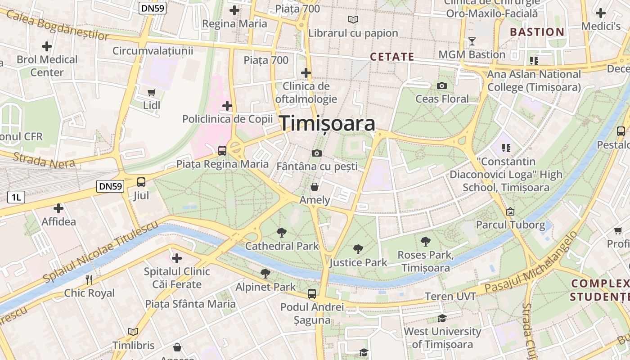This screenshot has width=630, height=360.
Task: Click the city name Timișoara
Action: pos(328,123)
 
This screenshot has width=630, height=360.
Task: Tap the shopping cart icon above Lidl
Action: pos(152,92)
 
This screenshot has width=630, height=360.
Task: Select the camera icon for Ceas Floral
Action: pos(442,85)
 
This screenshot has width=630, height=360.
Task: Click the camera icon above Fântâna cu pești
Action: pos(316,153)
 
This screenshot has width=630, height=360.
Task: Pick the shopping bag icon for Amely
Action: pos(315,186)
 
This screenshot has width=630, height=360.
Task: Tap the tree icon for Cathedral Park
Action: pos(282,233)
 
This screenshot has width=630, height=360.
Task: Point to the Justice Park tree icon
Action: pos(358,249)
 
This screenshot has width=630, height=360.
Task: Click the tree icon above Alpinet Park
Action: pos(265,273)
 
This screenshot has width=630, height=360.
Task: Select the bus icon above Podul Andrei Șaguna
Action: pos(312,294)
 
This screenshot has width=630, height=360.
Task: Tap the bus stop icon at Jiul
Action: pos(141,182)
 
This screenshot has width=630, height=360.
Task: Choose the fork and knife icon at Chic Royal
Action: pos(89,280)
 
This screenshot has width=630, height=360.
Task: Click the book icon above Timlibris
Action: pos(133,332)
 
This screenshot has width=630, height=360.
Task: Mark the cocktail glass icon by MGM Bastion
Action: pos(472,41)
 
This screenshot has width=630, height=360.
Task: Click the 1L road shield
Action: pos(16,197)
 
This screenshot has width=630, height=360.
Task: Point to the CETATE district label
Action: pos(392,57)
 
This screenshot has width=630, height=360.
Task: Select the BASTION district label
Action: pos(537,32)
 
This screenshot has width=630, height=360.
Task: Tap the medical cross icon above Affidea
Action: pos(58,208)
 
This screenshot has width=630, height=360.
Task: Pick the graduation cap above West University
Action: pos(442,319)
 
